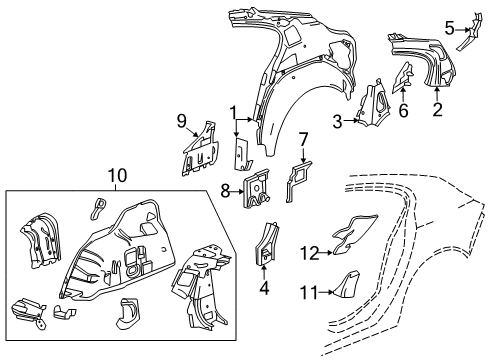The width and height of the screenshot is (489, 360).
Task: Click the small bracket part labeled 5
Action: point(466,40)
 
